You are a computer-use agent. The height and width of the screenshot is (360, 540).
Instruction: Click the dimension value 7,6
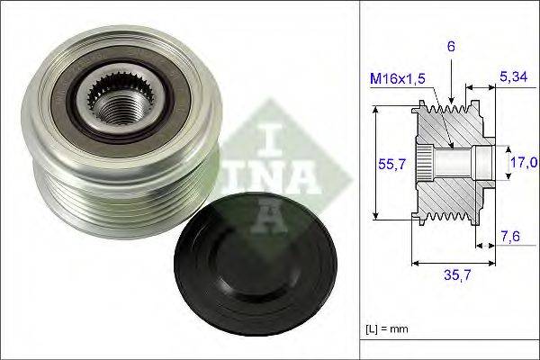click(x=511, y=237)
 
